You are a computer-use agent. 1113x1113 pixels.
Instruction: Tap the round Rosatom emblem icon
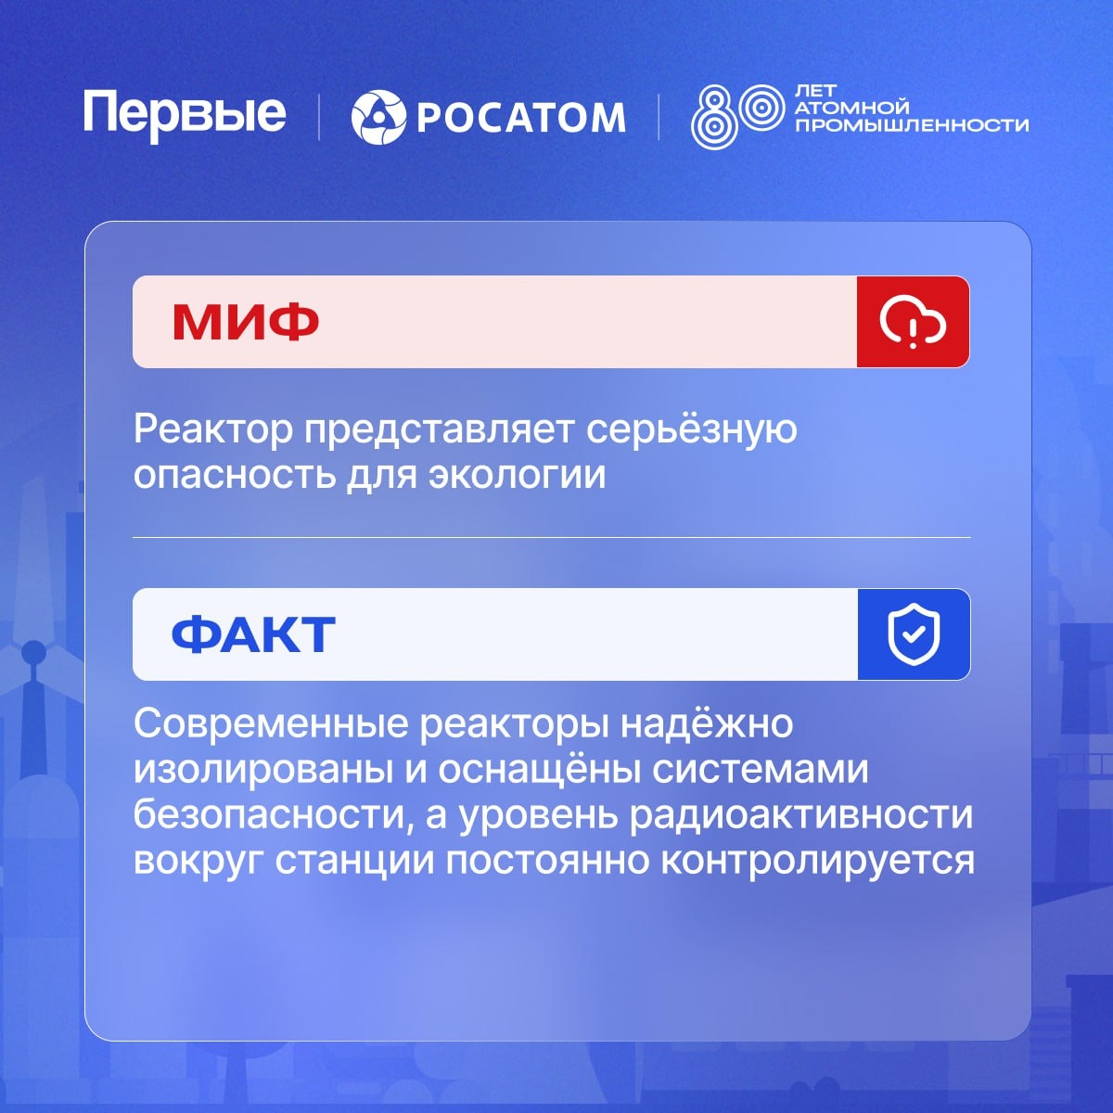[378, 117]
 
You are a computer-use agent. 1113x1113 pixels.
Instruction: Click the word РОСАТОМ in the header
[521, 118]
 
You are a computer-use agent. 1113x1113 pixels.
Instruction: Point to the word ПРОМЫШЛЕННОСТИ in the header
[912, 125]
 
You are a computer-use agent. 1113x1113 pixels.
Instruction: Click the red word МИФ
[246, 322]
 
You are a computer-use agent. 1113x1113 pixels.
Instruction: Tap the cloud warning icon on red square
[913, 322]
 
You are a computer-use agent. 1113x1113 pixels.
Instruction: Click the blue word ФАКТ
[253, 634]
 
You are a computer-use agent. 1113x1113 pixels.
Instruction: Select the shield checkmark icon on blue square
[914, 634]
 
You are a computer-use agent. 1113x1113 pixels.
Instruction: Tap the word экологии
[517, 475]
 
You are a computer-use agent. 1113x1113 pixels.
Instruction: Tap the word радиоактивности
[801, 815]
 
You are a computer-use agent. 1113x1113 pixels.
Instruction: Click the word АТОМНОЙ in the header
[852, 108]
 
